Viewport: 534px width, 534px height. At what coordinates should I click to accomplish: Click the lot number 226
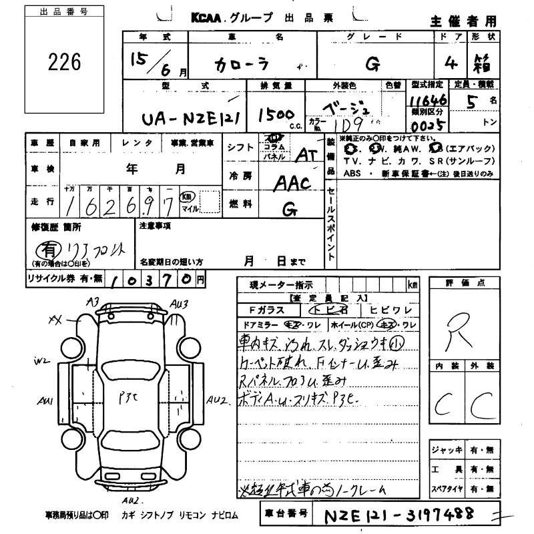[65, 62]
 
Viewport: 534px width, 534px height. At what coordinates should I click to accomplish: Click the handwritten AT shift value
[305, 154]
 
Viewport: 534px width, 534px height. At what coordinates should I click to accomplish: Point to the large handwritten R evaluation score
[458, 328]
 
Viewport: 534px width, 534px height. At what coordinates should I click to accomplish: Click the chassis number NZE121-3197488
[398, 515]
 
